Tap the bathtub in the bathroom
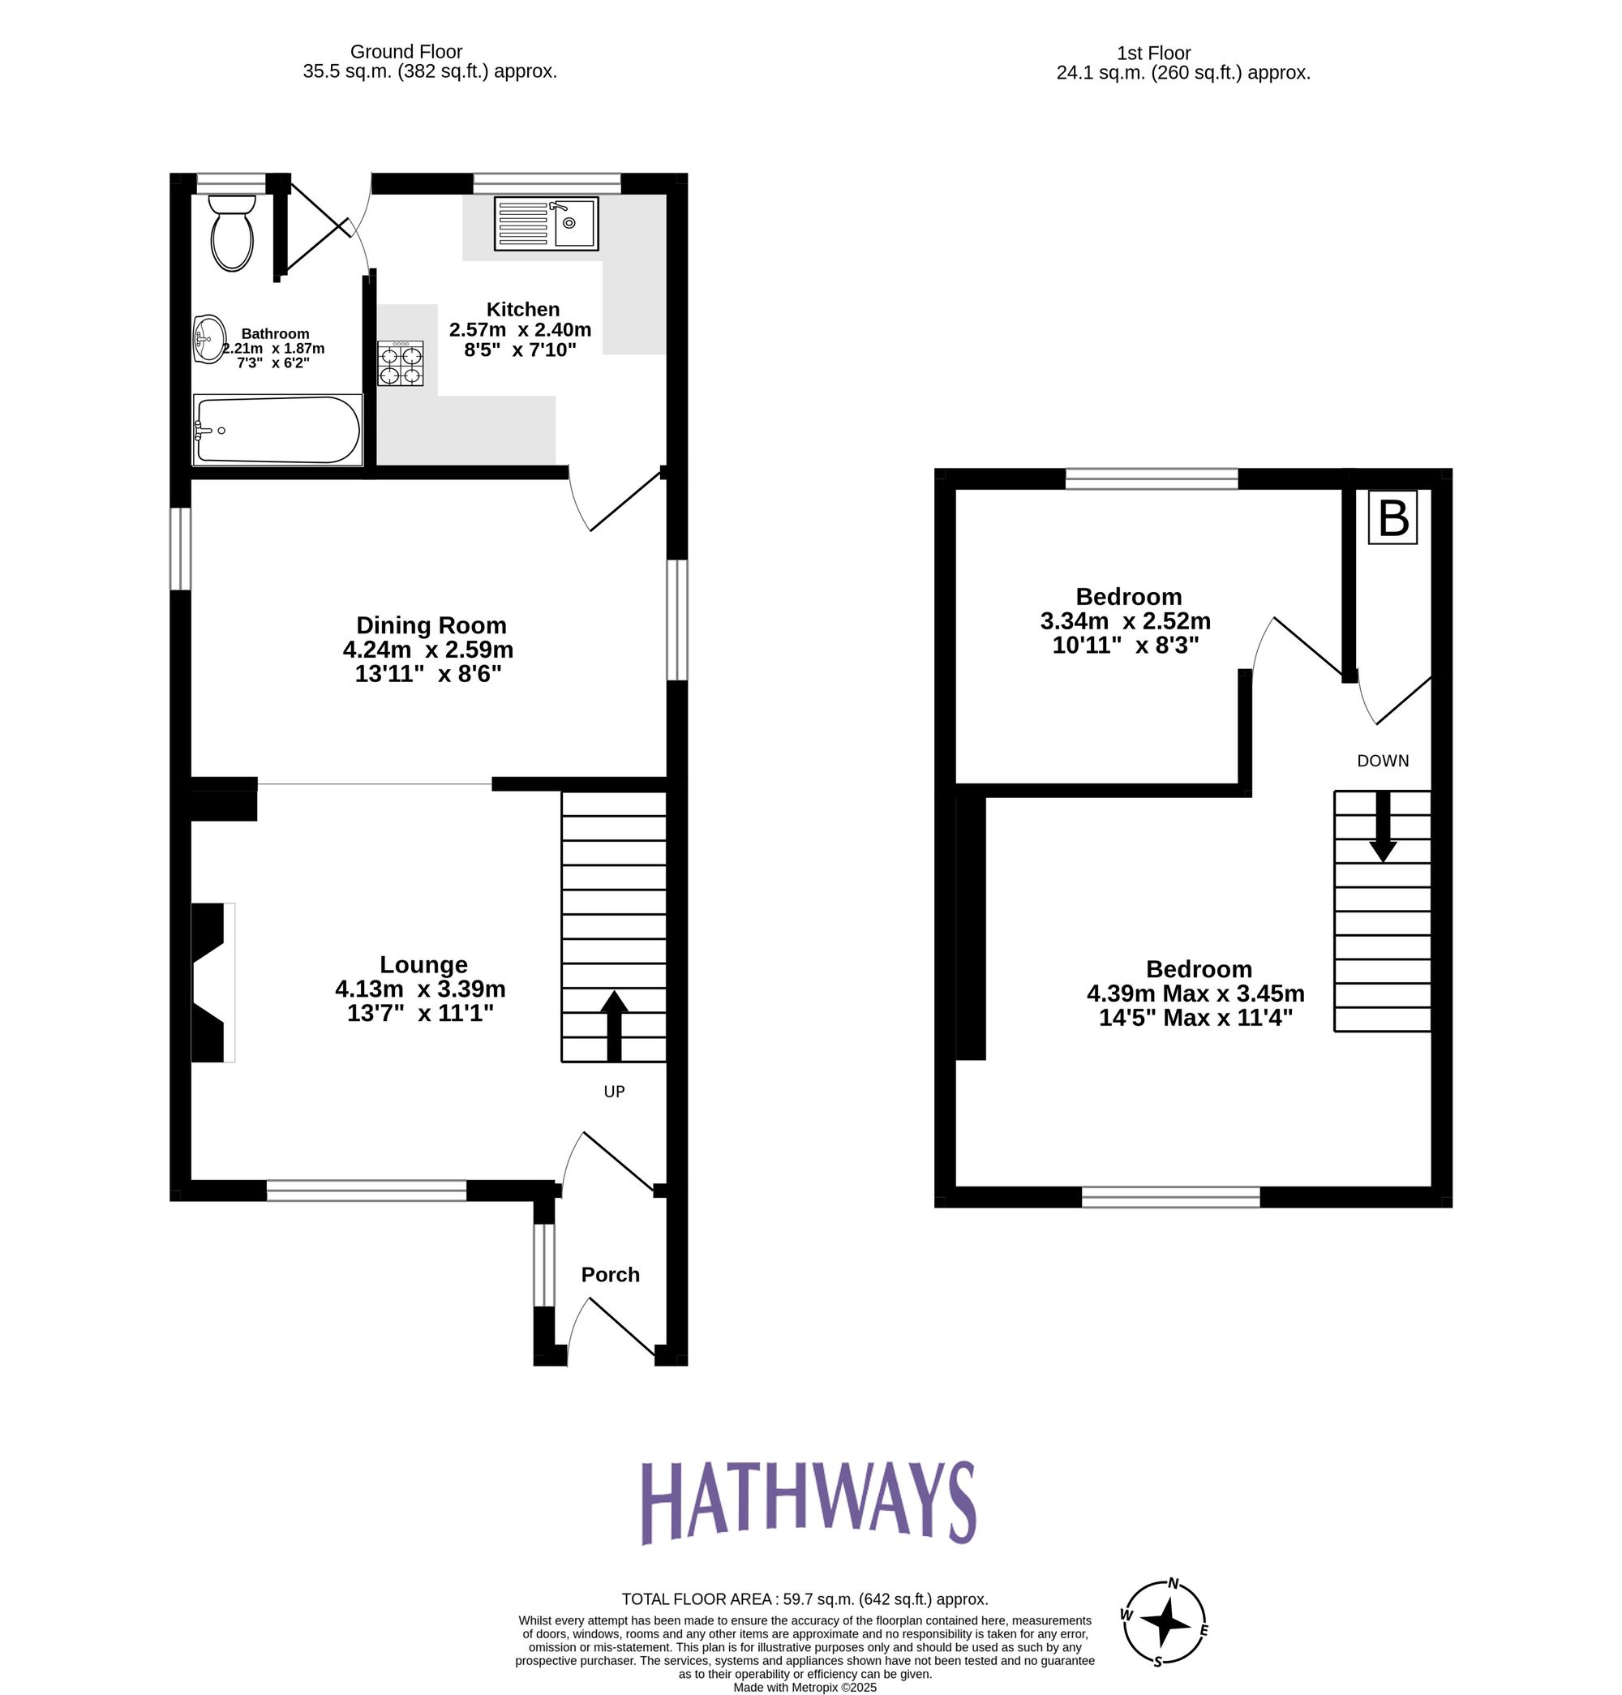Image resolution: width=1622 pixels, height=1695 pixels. pyautogui.click(x=277, y=430)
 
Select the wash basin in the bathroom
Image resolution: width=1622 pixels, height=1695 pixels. pyautogui.click(x=209, y=339)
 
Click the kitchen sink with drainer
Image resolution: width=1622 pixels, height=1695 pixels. pyautogui.click(x=546, y=224)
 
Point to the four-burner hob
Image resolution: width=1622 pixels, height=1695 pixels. pyautogui.click(x=401, y=363)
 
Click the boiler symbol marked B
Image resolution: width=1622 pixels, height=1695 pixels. pyautogui.click(x=1392, y=518)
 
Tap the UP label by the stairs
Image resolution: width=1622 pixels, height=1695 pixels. pyautogui.click(x=614, y=1092)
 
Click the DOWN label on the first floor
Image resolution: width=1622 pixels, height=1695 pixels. pyautogui.click(x=1383, y=761)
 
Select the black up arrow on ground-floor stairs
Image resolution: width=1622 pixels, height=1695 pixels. pyautogui.click(x=614, y=1026)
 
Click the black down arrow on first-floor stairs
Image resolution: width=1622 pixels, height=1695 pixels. pyautogui.click(x=1383, y=826)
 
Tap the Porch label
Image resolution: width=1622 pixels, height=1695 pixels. pyautogui.click(x=611, y=1275)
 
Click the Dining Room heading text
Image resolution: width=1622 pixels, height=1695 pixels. pyautogui.click(x=431, y=625)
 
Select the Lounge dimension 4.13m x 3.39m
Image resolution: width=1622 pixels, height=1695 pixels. pyautogui.click(x=420, y=989)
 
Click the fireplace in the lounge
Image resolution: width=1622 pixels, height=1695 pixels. pyautogui.click(x=212, y=982)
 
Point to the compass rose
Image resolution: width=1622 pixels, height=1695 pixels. pyautogui.click(x=1165, y=1622)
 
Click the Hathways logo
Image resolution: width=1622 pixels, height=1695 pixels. pyautogui.click(x=809, y=1503)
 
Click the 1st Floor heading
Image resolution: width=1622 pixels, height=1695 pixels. pyautogui.click(x=1153, y=54)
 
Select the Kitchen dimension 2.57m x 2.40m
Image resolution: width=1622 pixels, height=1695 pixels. pyautogui.click(x=520, y=329)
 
